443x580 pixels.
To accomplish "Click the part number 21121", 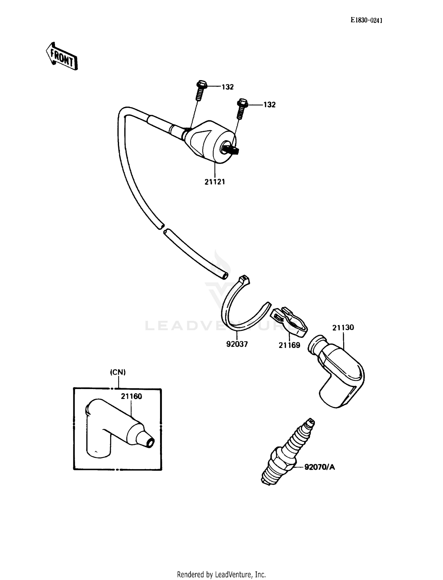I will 215,182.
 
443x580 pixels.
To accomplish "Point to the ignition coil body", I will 210,142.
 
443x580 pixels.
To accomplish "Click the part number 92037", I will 237,344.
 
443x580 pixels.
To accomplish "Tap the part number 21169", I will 289,345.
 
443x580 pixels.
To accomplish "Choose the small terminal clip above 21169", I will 289,321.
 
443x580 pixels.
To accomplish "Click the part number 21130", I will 343,328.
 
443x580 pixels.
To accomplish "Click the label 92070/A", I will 320,467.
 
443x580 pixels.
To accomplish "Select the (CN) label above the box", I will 118,372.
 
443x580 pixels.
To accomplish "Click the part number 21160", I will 131,396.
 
